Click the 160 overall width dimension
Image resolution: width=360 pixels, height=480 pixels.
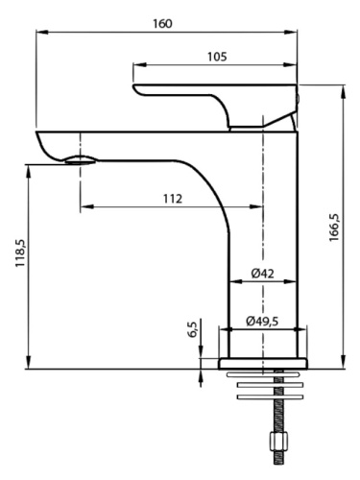(x=162, y=24)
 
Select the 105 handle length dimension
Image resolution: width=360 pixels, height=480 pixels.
(x=217, y=57)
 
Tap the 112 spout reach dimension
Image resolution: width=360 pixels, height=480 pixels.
(x=173, y=199)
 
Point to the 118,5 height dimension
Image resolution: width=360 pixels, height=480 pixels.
(x=20, y=253)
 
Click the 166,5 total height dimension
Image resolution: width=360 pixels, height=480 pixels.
(x=334, y=228)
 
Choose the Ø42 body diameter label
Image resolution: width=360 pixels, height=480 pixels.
(x=263, y=274)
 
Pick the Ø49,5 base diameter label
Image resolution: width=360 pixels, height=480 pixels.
(x=262, y=321)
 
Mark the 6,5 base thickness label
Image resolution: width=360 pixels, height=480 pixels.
(x=192, y=329)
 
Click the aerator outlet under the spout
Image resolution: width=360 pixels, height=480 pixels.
(x=81, y=160)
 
